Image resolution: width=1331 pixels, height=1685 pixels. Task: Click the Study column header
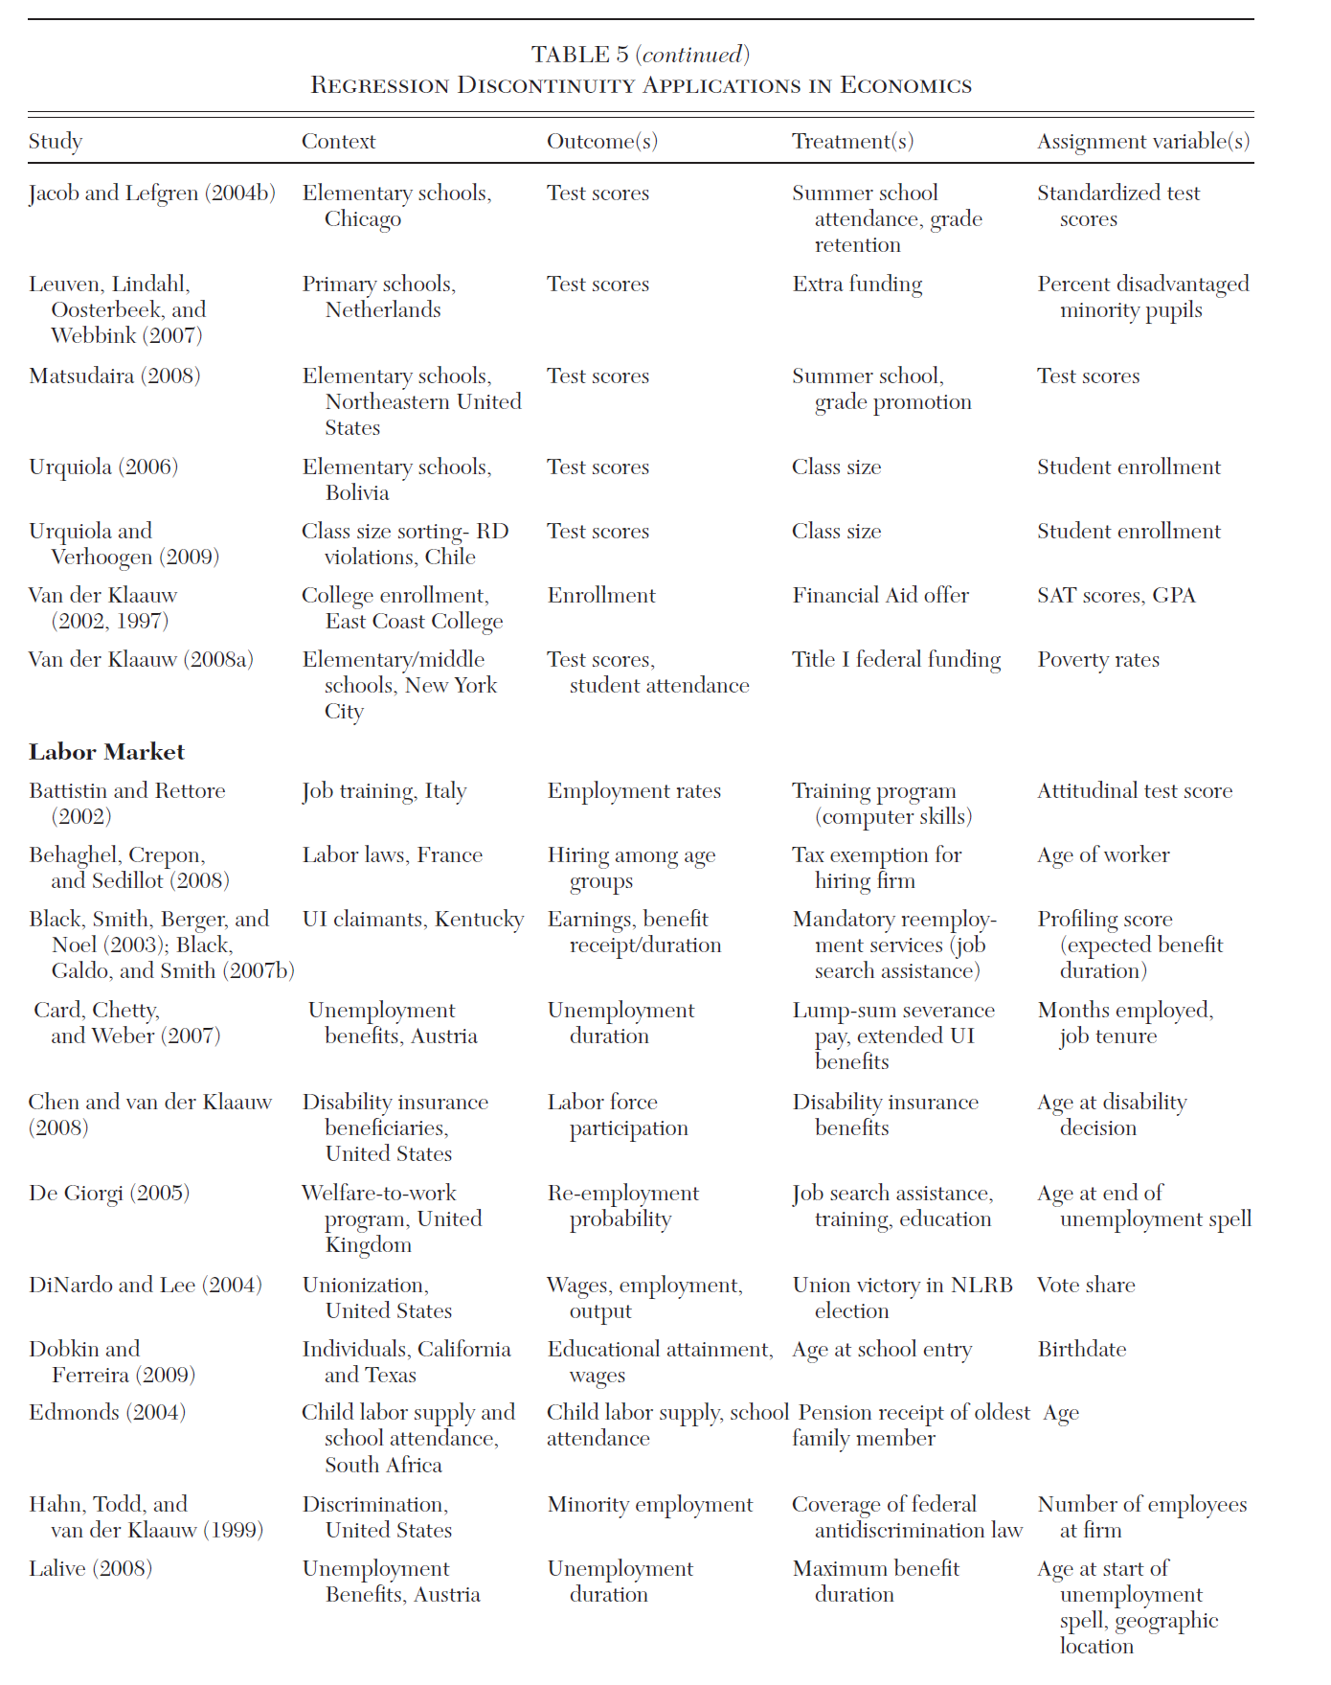56,142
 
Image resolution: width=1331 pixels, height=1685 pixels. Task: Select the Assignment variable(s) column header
1143,142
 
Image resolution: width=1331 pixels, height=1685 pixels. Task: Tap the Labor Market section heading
106,752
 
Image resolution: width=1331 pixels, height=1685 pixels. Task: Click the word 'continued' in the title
692,55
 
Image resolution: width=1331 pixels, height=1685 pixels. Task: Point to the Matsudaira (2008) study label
115,376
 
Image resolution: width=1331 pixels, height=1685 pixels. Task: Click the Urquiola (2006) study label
103,467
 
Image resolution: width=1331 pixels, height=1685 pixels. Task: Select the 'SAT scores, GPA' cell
1117,596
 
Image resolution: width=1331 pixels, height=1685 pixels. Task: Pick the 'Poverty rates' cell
1098,660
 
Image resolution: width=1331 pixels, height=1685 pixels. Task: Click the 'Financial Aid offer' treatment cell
880,596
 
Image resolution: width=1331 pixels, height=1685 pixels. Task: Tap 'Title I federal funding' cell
896,660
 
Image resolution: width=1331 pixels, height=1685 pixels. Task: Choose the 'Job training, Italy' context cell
384,791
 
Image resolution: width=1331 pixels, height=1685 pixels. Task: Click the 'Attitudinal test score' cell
1135,791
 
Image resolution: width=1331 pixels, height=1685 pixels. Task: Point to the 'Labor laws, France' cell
393,855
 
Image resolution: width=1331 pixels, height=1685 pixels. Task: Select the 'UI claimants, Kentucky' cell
413,920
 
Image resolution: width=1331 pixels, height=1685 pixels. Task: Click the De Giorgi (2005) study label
109,1194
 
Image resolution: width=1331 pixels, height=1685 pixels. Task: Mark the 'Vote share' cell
1086,1286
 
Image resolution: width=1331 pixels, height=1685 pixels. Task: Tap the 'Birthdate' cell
1082,1350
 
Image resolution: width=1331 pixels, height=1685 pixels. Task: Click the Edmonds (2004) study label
107,1413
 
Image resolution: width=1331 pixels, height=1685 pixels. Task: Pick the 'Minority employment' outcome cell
650,1505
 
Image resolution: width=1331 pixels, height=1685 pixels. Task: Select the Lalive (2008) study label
90,1569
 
